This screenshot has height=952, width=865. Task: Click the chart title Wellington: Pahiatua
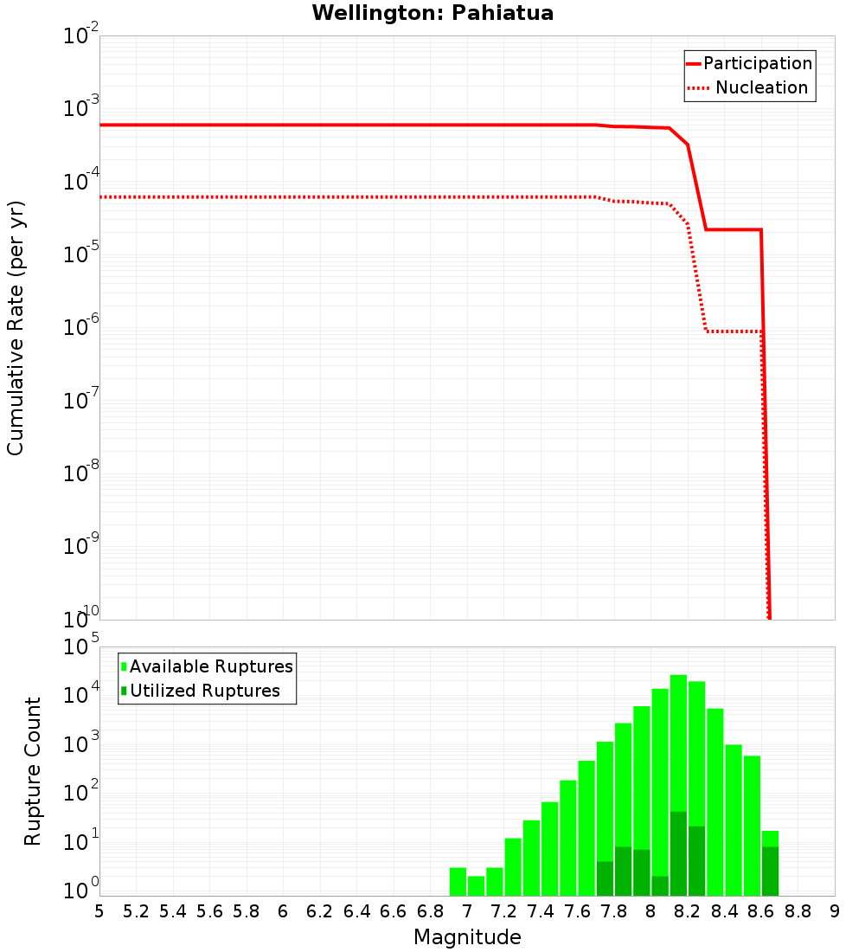(x=432, y=13)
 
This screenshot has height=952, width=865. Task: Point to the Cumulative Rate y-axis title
(x=16, y=327)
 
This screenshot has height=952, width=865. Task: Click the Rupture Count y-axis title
(x=33, y=770)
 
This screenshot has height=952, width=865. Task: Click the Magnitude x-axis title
(x=467, y=937)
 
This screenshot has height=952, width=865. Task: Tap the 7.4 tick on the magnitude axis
(x=541, y=911)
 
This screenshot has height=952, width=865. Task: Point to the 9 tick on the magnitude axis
(x=834, y=911)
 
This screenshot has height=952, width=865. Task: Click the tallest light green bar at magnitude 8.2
(x=678, y=736)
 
